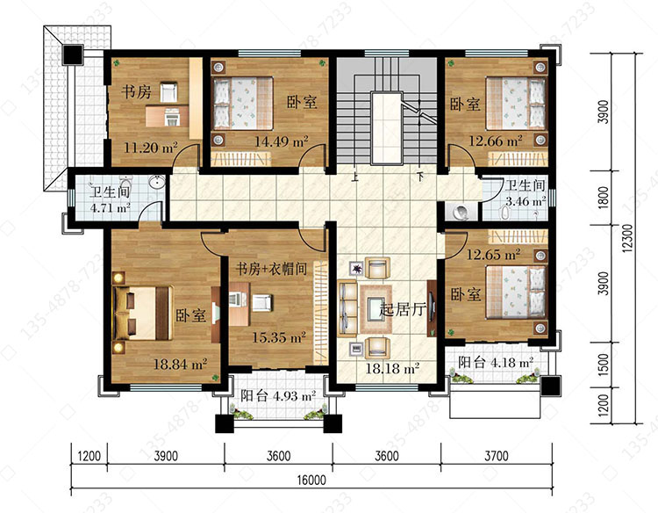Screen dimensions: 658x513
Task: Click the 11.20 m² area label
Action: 151,148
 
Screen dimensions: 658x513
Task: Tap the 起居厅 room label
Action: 403,310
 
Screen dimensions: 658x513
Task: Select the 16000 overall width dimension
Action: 311,480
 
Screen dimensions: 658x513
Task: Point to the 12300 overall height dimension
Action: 627,238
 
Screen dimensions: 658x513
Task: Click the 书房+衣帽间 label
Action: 271,269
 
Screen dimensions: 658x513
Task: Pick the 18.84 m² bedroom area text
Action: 181,364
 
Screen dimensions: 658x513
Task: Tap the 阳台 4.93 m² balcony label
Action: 278,396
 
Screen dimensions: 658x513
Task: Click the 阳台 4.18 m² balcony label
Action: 496,362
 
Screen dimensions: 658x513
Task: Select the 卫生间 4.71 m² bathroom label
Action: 110,199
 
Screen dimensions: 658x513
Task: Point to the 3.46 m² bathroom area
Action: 526,201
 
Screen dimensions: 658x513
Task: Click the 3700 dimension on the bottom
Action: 497,455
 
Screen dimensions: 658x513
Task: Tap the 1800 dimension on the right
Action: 603,198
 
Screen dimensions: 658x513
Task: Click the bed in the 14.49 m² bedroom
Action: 243,103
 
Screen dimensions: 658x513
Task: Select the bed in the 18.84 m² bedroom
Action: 143,313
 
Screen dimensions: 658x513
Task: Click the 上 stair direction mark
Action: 355,177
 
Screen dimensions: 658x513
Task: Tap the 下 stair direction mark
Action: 420,177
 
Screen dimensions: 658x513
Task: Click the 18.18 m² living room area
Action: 393,369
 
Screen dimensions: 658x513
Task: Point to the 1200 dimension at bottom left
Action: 89,455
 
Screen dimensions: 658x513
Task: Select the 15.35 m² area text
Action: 279,337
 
